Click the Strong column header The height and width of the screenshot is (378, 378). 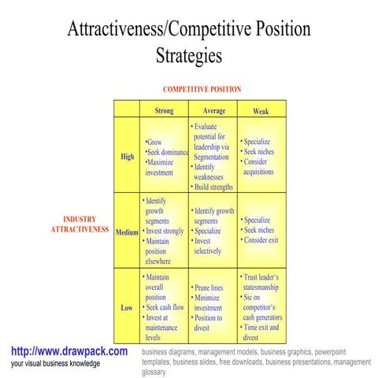click(164, 111)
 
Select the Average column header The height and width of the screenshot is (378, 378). click(213, 111)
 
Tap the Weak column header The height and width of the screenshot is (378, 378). click(260, 111)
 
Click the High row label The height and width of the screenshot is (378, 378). click(127, 157)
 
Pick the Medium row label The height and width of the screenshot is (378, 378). click(127, 232)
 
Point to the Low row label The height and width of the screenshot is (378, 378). click(127, 308)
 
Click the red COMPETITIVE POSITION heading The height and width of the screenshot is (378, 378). click(202, 90)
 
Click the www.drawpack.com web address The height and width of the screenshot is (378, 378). click(69, 351)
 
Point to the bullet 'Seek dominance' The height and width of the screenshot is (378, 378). click(168, 152)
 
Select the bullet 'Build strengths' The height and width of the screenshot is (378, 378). click(213, 187)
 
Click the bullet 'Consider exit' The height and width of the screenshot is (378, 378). click(261, 240)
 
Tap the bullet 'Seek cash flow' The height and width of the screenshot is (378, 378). click(166, 307)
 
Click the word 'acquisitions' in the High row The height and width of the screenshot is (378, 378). click(258, 171)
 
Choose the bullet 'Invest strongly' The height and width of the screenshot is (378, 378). click(165, 232)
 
